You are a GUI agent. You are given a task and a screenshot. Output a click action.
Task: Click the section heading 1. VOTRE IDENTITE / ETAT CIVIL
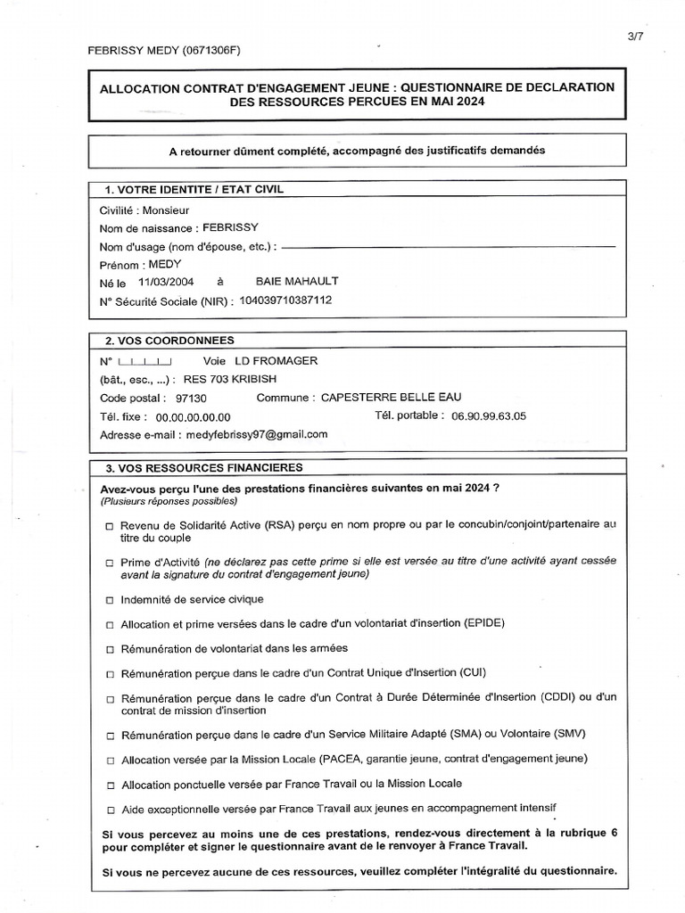[194, 189]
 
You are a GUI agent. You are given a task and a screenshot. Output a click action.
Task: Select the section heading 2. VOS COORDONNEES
[170, 341]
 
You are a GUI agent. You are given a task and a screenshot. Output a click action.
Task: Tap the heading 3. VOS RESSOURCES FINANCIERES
[204, 468]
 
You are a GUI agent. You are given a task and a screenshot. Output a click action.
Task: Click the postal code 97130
[191, 398]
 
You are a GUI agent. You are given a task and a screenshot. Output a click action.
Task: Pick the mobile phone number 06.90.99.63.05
[489, 416]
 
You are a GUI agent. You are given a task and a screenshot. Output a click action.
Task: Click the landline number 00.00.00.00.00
[194, 417]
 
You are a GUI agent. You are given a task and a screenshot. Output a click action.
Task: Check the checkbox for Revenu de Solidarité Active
[109, 527]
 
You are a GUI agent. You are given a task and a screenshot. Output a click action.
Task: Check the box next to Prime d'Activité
[109, 563]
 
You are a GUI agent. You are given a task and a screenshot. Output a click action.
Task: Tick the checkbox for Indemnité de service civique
[109, 599]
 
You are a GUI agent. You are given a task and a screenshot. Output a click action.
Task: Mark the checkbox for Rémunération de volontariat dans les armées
[109, 648]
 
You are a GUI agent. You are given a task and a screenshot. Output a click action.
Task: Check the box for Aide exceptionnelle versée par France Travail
[109, 810]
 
